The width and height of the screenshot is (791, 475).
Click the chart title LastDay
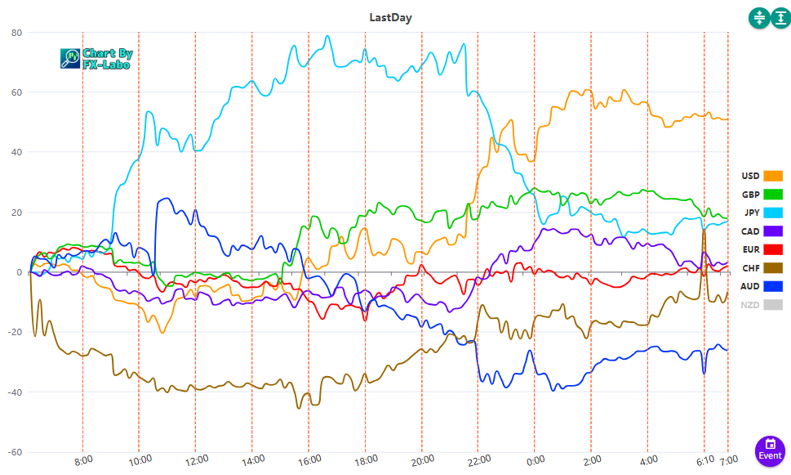point(395,16)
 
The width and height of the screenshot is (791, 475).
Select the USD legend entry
point(761,176)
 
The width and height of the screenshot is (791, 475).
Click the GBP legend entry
point(761,195)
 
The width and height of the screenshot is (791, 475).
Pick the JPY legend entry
point(761,213)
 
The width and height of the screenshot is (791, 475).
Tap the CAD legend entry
point(761,231)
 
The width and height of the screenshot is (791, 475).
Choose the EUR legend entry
point(761,249)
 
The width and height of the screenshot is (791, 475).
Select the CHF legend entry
point(761,268)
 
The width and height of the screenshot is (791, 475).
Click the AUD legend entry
point(761,286)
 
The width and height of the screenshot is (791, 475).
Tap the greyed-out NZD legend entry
point(761,305)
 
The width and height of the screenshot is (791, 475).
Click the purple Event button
point(770,450)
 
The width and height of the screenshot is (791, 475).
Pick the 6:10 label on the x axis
point(706,459)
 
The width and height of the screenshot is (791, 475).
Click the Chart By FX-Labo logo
point(96,58)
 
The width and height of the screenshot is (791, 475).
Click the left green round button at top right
point(759,18)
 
